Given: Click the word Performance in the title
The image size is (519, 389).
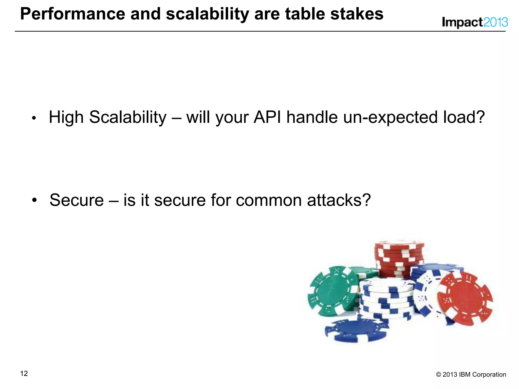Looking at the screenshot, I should click(x=72, y=14).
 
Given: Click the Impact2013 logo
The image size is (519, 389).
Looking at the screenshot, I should click(x=475, y=22).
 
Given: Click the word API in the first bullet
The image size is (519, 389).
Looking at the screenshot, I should click(x=267, y=117).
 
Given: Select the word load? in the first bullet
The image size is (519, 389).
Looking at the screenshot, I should click(x=464, y=117).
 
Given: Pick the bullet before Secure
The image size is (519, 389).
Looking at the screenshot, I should click(x=34, y=200).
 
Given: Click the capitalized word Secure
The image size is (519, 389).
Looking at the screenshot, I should click(x=77, y=200).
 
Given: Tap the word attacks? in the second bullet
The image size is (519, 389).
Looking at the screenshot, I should click(x=339, y=200).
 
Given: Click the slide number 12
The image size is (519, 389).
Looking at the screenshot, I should click(x=24, y=374).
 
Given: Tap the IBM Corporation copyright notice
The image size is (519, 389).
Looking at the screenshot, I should click(x=471, y=374).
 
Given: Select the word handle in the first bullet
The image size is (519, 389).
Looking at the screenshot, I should click(x=312, y=117).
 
